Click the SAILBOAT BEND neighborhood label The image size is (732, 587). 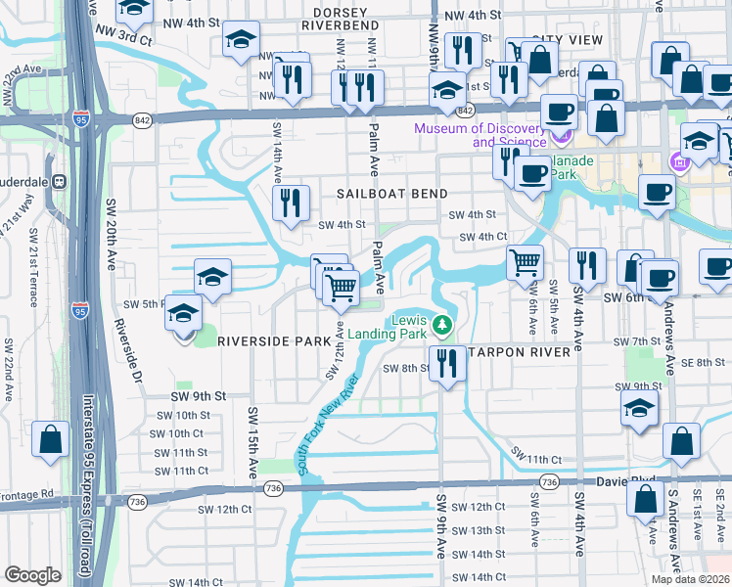(387, 194)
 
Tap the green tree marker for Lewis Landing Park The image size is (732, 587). (443, 324)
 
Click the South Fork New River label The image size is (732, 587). (330, 424)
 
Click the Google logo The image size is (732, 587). (32, 575)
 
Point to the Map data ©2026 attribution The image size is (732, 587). (691, 579)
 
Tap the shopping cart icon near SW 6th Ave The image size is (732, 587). (525, 261)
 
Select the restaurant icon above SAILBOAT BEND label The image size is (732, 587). (291, 203)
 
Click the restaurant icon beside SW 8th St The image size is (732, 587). (448, 363)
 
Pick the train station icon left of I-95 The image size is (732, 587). (58, 182)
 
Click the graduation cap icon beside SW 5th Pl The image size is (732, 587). (183, 314)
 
